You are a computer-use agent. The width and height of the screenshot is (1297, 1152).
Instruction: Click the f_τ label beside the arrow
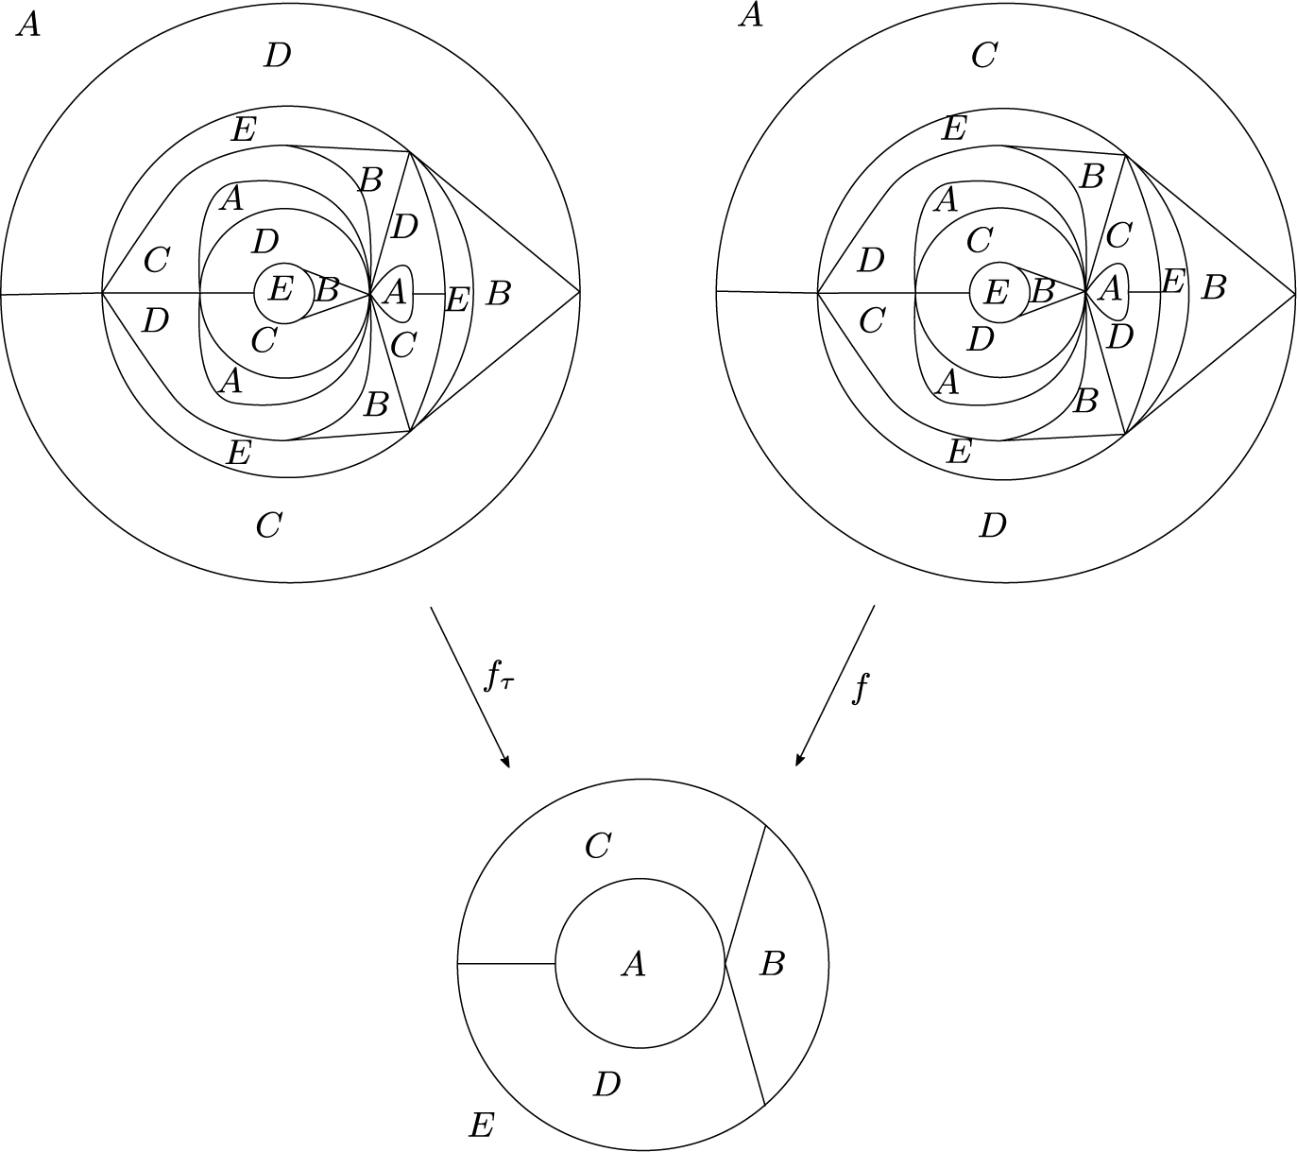(499, 679)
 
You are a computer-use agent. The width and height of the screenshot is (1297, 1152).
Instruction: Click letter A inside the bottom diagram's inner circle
(633, 964)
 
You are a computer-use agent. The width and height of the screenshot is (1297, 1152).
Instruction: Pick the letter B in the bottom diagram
(772, 965)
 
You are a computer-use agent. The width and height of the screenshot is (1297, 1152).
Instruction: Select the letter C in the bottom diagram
(597, 846)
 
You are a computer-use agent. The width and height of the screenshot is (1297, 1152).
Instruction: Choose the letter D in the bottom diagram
(607, 1084)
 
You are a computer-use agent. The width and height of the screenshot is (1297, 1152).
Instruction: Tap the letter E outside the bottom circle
(482, 1125)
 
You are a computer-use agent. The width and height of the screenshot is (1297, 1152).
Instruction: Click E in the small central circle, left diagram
(280, 288)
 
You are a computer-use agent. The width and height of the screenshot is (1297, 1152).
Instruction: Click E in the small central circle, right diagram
(996, 292)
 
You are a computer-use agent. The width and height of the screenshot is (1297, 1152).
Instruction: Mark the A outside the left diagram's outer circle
(28, 25)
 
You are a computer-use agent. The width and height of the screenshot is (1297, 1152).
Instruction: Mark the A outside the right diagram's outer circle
(750, 15)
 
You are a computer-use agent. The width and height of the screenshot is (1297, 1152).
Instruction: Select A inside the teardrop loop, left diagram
(396, 293)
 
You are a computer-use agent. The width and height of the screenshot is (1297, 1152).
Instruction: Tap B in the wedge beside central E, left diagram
(326, 290)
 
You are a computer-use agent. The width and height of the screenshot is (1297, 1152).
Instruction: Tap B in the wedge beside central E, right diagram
(1041, 291)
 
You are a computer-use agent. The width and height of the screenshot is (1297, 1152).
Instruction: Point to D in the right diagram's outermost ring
(993, 524)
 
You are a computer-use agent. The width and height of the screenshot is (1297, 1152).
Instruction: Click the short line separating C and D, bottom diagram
(506, 964)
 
